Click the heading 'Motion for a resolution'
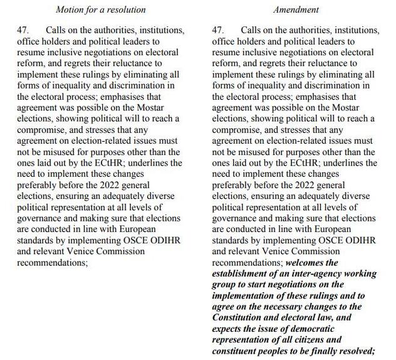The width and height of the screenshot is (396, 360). pos(100,9)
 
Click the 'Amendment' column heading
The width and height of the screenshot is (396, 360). pos(296,9)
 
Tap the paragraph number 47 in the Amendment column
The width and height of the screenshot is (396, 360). pos(218,30)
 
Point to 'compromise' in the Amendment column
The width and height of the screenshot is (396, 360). pos(237,130)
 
